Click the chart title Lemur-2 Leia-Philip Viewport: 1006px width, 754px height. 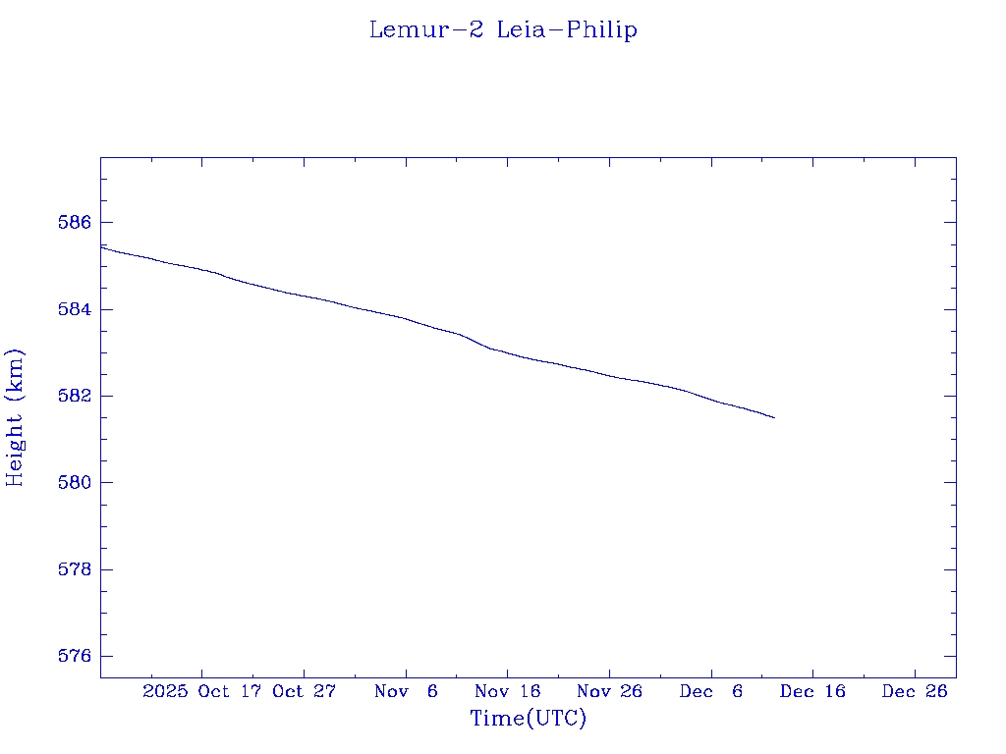[x=503, y=30]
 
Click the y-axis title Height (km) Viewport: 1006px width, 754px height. [x=15, y=417]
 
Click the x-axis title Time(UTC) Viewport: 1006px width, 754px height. [x=529, y=719]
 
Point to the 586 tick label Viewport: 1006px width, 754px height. [x=75, y=223]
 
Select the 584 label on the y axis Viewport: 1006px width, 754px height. [x=75, y=309]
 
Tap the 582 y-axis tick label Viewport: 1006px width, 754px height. [x=75, y=396]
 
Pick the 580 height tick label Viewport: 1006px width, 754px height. [x=75, y=483]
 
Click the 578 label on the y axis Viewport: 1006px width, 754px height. [x=75, y=569]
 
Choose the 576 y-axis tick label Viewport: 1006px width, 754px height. [x=75, y=656]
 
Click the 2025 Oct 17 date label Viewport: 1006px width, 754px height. [x=201, y=692]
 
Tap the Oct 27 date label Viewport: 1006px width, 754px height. [x=305, y=692]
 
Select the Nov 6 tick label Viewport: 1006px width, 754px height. [x=406, y=692]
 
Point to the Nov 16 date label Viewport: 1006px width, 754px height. [x=508, y=692]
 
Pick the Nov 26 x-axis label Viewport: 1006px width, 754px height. [x=609, y=692]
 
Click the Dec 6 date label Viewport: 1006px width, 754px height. [x=711, y=692]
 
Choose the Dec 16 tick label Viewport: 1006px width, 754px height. [x=812, y=692]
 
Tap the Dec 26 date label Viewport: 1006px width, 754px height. [x=915, y=692]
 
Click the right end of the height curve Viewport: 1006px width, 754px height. [x=774, y=418]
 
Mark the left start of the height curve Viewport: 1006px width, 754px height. [x=101, y=246]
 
